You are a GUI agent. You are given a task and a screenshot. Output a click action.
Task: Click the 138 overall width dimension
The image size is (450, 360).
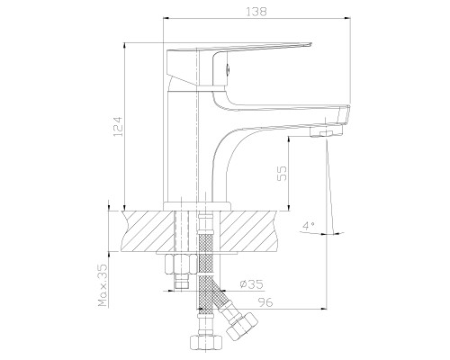[x=256, y=12]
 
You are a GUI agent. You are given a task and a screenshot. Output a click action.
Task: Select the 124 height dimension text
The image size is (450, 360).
[x=119, y=126]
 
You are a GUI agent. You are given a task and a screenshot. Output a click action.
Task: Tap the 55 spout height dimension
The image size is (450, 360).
[x=282, y=174]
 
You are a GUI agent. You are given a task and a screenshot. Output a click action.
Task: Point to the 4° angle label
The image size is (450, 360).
[x=308, y=225]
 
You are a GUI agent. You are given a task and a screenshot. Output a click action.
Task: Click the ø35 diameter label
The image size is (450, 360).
[x=251, y=283]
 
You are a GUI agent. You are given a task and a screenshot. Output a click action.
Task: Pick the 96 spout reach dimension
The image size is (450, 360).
[x=265, y=302]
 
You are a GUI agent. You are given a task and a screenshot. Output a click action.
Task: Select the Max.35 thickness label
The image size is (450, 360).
[x=103, y=285]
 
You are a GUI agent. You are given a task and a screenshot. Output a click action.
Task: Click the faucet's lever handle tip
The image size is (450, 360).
[x=310, y=45]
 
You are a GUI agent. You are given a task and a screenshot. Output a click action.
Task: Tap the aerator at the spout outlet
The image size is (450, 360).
[x=326, y=134]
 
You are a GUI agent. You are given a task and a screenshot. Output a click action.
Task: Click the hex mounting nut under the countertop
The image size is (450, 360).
[x=178, y=265]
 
